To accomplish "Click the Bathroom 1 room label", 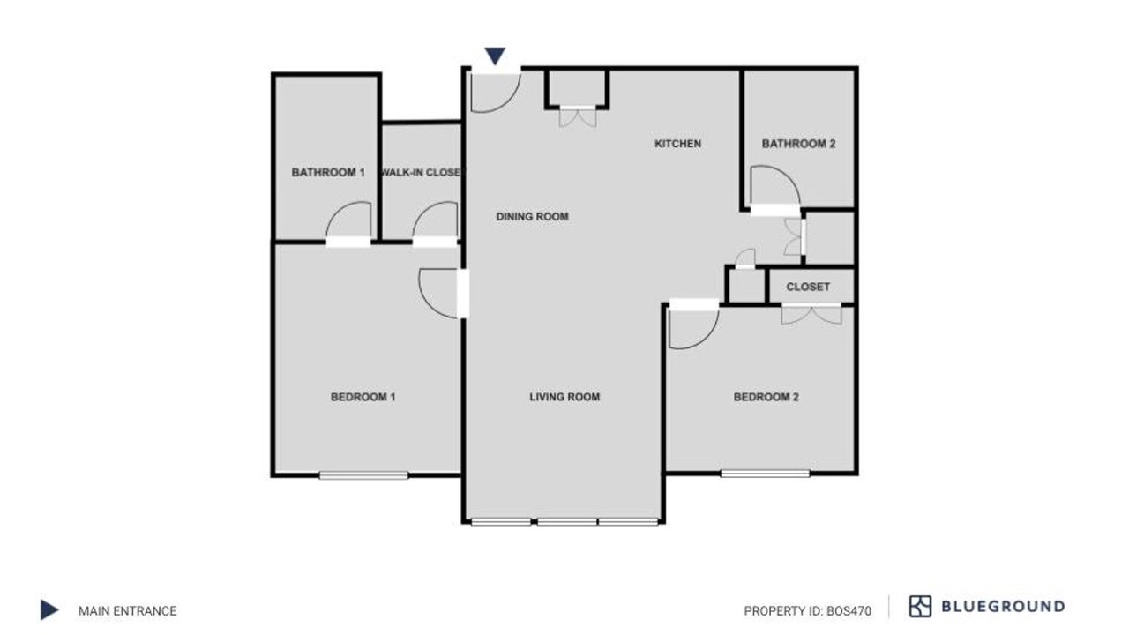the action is (328, 172).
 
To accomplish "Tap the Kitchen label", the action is (678, 144).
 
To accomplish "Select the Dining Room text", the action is (532, 217).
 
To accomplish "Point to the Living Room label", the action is (564, 397).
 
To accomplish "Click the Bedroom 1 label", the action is (363, 397).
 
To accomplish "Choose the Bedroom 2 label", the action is (766, 397).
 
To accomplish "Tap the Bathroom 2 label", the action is (798, 144).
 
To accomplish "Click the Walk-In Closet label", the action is (422, 172).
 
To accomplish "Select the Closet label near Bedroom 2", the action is (808, 287).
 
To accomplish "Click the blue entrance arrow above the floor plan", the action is (495, 55).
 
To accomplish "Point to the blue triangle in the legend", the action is (49, 609).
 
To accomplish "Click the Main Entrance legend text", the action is (128, 611).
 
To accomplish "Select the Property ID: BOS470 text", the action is (807, 611).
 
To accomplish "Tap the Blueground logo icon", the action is (920, 606).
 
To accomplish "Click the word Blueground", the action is (1003, 606).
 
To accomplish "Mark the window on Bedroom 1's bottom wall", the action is (363, 475).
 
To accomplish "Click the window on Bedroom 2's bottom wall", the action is (765, 474).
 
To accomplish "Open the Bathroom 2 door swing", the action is (775, 185).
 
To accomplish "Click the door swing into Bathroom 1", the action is (348, 220).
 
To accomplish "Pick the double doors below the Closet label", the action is (811, 315).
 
